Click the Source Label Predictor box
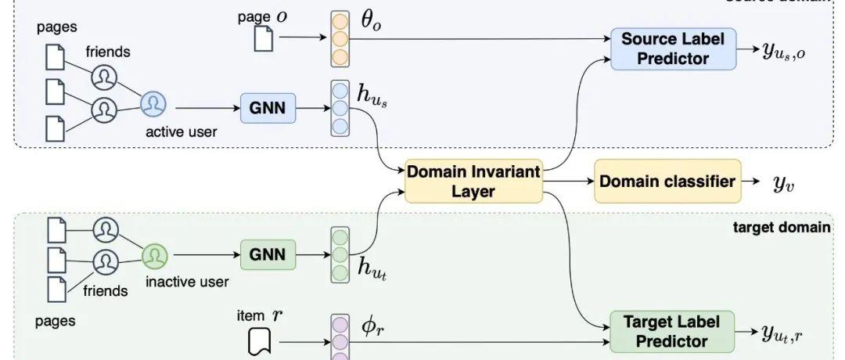tap(674, 49)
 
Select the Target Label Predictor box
tap(672, 330)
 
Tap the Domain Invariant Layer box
tap(473, 182)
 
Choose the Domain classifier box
tap(667, 182)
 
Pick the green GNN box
tap(268, 254)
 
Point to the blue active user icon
tap(154, 104)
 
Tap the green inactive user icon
tap(156, 254)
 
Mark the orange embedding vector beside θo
tap(339, 38)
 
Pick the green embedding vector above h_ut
tap(339, 254)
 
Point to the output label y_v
tap(782, 183)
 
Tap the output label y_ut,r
tap(792, 333)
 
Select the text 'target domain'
tap(782, 228)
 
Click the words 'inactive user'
tap(187, 281)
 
